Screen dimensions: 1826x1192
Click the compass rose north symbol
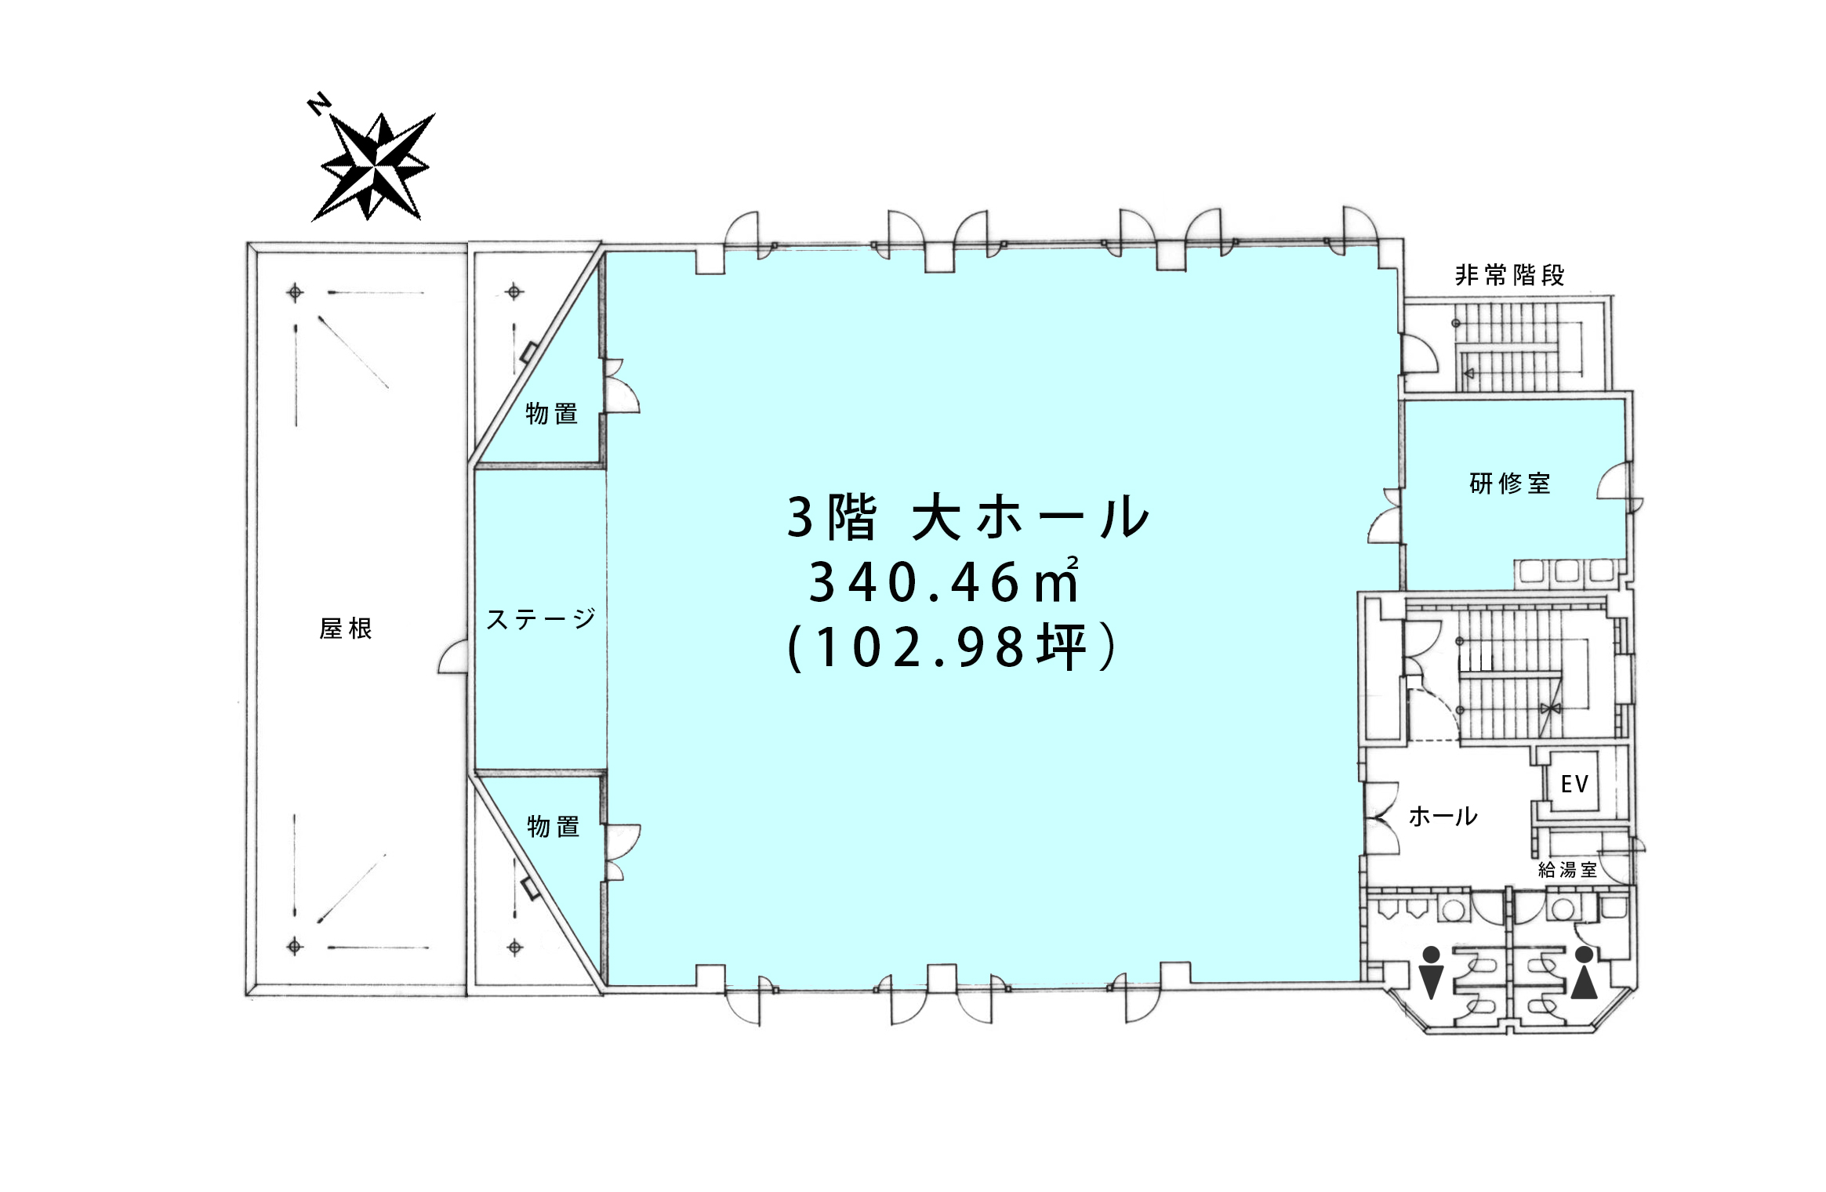[x=374, y=167]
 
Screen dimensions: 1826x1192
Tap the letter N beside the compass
[x=318, y=104]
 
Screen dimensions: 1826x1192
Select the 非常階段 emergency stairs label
[x=1509, y=275]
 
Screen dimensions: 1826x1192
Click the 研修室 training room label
[x=1509, y=484]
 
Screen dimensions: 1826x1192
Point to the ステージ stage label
[x=541, y=619]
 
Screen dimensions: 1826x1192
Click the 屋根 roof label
[x=346, y=629]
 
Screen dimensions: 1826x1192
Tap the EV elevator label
[x=1574, y=784]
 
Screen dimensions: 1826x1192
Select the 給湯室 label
[x=1567, y=869]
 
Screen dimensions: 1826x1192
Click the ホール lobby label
[x=1443, y=817]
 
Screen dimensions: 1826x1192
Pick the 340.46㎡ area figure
[x=943, y=582]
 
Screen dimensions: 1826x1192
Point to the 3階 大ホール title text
[x=967, y=517]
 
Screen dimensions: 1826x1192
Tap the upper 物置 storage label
[x=552, y=413]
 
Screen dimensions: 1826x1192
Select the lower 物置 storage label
[x=554, y=826]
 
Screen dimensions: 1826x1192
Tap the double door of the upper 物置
[x=622, y=386]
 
